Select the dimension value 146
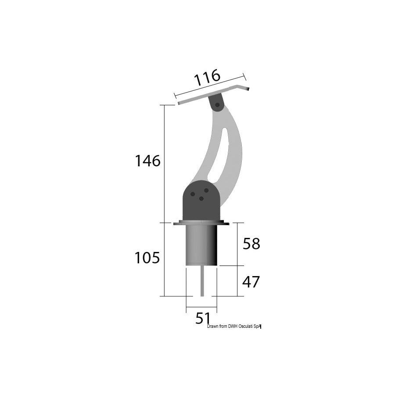[x=148, y=161]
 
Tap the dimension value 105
[x=147, y=258]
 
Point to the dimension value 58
[x=251, y=244]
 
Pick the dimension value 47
[x=251, y=282]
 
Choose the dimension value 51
[x=203, y=318]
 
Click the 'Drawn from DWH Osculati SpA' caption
[x=234, y=327]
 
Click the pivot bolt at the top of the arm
[x=217, y=105]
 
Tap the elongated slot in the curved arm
[x=218, y=156]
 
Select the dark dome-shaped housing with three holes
[x=201, y=200]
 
